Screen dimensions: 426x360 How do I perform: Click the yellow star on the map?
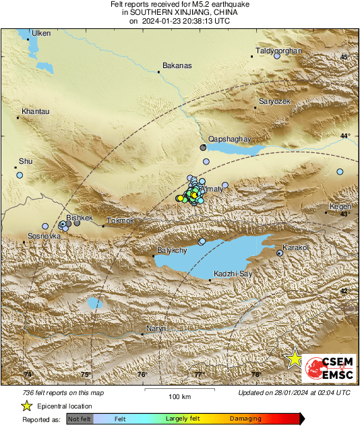pos(294,359)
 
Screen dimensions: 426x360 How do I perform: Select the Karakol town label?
pos(295,247)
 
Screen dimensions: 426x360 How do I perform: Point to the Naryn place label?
pos(155,328)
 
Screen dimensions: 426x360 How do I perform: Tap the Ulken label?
pos(40,33)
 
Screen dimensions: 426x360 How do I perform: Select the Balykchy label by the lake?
pos(171,250)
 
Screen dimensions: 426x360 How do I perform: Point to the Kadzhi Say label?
pos(233,273)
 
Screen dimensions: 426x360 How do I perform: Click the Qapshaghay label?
pos(229,139)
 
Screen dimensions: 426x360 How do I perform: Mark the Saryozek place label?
pos(274,100)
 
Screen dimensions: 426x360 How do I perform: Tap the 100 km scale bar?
pos(178,390)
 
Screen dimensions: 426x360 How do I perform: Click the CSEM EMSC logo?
pos(326,367)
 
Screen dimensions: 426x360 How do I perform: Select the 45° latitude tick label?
pos(344,57)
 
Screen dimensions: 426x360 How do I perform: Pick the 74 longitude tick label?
pos(28,375)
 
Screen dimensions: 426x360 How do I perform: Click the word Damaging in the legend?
pos(245,419)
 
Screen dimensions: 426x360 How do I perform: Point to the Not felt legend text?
pos(80,419)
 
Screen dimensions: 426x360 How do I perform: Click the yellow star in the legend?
pos(26,406)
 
